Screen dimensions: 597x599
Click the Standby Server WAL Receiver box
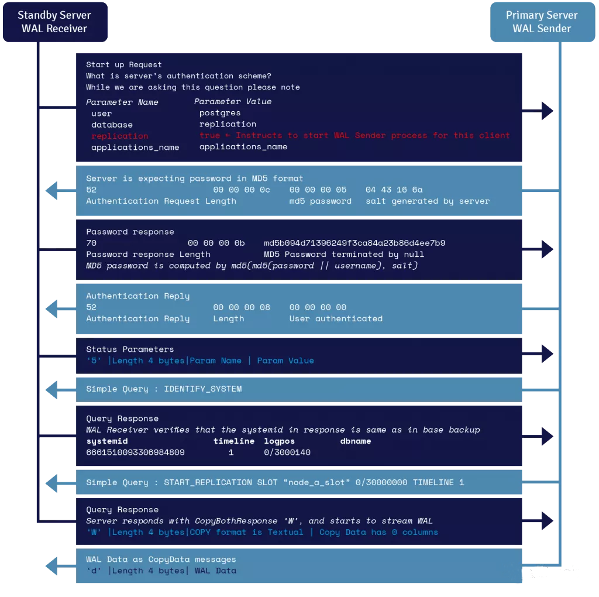(x=54, y=22)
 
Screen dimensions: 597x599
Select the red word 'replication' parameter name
(x=119, y=136)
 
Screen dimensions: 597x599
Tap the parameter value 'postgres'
(x=219, y=113)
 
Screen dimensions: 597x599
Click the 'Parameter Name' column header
(x=122, y=102)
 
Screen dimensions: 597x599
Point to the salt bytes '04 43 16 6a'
(x=394, y=190)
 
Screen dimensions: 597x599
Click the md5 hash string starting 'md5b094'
(x=354, y=243)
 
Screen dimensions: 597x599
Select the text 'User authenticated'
(x=336, y=319)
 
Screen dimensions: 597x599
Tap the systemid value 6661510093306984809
(x=135, y=452)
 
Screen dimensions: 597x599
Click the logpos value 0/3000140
(x=287, y=452)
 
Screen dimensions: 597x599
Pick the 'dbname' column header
(x=355, y=441)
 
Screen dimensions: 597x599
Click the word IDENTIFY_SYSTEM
(x=202, y=389)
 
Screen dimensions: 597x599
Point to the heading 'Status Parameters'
(x=129, y=349)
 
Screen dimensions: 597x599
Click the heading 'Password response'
(x=130, y=232)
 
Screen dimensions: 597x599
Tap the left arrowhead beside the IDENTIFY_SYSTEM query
(x=52, y=388)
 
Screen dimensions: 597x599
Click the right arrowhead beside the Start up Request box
(x=547, y=110)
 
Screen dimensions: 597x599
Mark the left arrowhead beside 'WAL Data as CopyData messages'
(x=52, y=565)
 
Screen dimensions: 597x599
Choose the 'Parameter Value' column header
(x=232, y=102)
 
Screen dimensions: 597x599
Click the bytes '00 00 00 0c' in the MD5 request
(x=242, y=190)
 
